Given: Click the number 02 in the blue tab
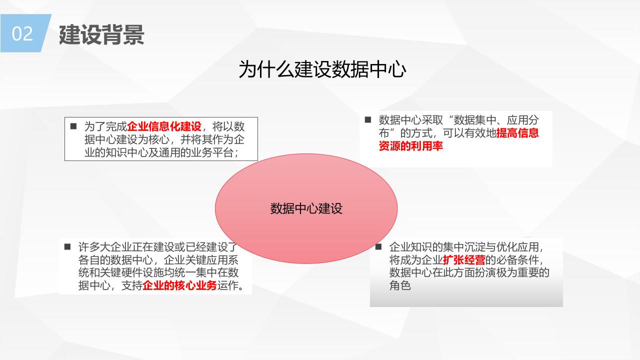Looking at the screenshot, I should pos(22,34).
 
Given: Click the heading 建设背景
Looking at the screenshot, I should pos(101,34).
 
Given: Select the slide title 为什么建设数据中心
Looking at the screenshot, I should pos(322,69).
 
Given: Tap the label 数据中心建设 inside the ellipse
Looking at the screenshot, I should pos(306,208).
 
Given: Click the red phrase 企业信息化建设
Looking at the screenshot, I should pos(164,126).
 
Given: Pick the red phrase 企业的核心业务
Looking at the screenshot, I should pos(180,286).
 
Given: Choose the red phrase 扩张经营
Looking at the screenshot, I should pos(464,260).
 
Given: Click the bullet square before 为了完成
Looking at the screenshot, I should pos(73,126).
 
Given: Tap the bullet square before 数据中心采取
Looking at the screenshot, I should pos(368,120).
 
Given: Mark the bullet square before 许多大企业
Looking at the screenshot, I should pos(67,247).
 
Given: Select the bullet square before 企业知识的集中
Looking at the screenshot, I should pos(378,247).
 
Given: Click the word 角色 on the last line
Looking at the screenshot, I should pos(400,286).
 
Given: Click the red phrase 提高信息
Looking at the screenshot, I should pos(517,133).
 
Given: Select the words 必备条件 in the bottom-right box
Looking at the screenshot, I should pos(518,260).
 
